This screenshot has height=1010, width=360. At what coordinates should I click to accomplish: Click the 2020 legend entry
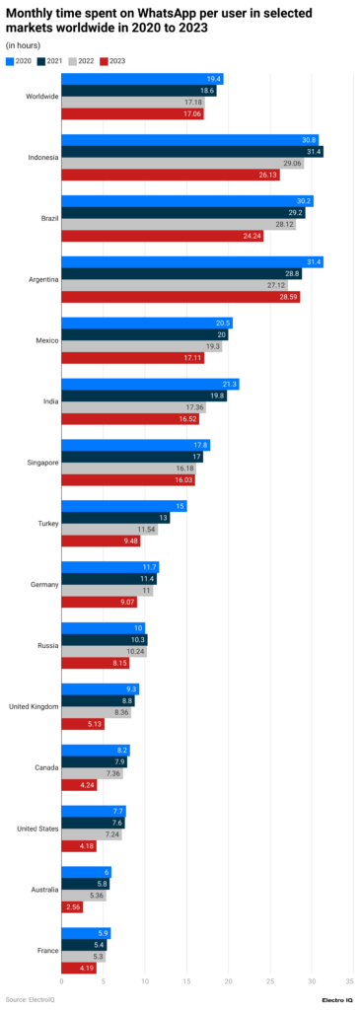(x=19, y=61)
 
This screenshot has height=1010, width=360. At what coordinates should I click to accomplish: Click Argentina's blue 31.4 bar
(x=192, y=260)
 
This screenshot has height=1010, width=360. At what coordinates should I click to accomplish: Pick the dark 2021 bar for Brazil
(x=182, y=212)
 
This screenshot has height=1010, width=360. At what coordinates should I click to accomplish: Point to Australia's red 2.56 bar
(x=72, y=906)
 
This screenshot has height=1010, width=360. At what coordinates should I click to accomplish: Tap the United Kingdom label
(x=30, y=680)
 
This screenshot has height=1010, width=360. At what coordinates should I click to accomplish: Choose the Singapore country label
(x=39, y=462)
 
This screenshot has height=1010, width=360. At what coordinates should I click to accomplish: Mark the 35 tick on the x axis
(x=349, y=980)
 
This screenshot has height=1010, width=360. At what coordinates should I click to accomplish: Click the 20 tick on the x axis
(x=227, y=980)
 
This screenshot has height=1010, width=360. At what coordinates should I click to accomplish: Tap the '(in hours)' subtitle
(x=25, y=45)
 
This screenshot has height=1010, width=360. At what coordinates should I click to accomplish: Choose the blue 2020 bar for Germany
(x=109, y=567)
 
